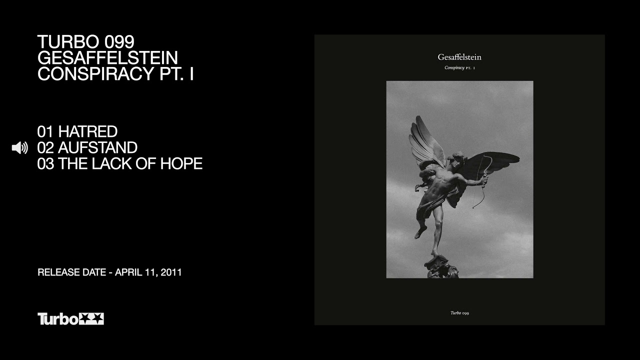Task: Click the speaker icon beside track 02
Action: point(19,147)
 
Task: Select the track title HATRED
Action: point(87,131)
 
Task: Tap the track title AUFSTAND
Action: point(97,147)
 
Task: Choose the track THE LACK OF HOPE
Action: point(130,163)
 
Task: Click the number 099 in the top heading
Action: point(119,41)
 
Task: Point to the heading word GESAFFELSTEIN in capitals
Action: point(107,57)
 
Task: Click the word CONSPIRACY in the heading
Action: point(96,73)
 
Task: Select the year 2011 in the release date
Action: point(171,272)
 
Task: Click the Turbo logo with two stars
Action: point(70,319)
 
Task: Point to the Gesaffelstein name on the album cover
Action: point(459,57)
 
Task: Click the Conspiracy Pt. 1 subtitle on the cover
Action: point(459,67)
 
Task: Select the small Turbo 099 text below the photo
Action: point(459,313)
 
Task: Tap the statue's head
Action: point(457,158)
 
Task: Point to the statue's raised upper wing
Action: point(426,141)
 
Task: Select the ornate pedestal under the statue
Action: point(441,266)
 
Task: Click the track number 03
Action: point(45,163)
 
